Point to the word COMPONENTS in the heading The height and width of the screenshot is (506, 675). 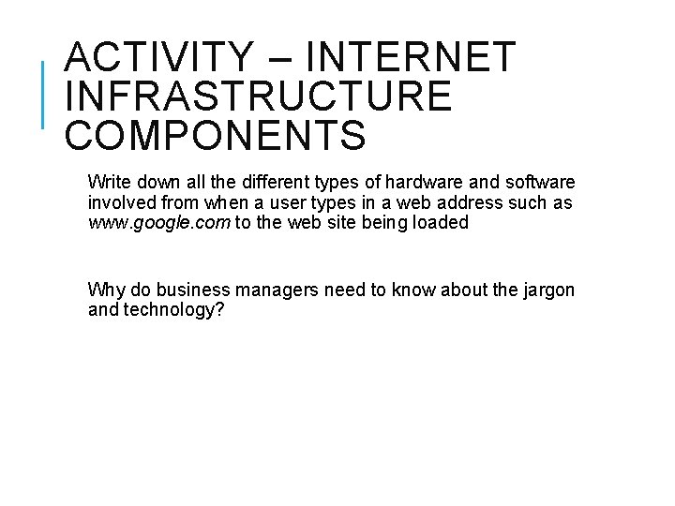tap(215, 135)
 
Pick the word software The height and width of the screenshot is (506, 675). tap(541, 181)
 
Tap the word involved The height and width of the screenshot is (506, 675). tap(119, 202)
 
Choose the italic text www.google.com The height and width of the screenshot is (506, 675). tap(157, 224)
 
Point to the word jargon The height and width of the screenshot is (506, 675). tap(548, 290)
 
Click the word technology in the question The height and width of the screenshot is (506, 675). tap(173, 310)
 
